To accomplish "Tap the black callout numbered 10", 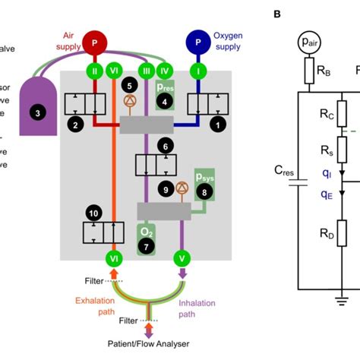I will tap(93, 213).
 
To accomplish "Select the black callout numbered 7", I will tap(146, 247).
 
